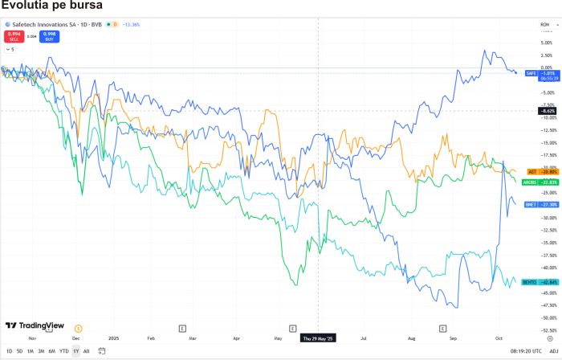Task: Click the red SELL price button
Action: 14,35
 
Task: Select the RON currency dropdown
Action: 545,25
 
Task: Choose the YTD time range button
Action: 63,351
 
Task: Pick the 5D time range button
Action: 19,351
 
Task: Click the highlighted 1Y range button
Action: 75,351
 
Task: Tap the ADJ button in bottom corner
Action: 553,351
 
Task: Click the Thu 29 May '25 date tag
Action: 320,338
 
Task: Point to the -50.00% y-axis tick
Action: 547,318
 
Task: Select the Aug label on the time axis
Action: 412,338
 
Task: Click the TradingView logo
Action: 35,325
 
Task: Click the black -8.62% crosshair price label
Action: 545,110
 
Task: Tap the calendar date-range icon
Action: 101,351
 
